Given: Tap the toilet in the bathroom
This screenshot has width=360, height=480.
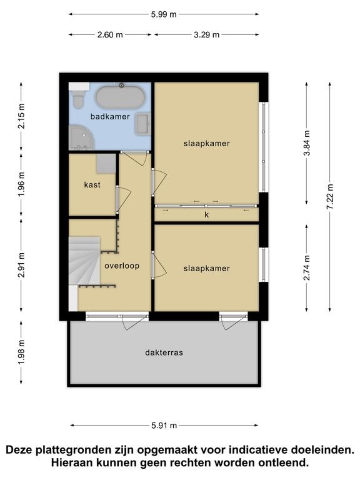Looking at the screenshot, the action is [79, 98].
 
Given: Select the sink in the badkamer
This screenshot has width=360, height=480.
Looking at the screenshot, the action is [142, 124].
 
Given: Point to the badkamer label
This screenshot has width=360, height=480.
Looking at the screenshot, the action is [110, 117].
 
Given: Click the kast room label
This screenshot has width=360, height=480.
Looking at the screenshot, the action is [92, 185].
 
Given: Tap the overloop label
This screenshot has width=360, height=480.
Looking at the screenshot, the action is [122, 266].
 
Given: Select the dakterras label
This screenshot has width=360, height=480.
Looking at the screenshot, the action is [164, 352].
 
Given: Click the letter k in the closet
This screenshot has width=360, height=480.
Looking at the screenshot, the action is [207, 214].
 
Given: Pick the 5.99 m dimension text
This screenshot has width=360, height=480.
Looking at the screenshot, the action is [164, 14].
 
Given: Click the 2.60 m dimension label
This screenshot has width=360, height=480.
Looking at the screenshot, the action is [110, 35].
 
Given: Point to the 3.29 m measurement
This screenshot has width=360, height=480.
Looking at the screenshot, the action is [207, 35].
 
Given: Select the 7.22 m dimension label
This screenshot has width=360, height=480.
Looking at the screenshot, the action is [330, 197].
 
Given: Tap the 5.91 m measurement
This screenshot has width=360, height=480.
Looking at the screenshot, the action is [164, 426].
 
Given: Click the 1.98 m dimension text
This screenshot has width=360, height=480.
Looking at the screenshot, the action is [21, 352].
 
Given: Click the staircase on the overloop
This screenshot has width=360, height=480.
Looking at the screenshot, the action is [84, 261].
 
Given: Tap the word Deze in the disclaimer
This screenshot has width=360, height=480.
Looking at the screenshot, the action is [19, 450].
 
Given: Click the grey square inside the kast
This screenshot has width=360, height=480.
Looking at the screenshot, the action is [106, 164].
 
